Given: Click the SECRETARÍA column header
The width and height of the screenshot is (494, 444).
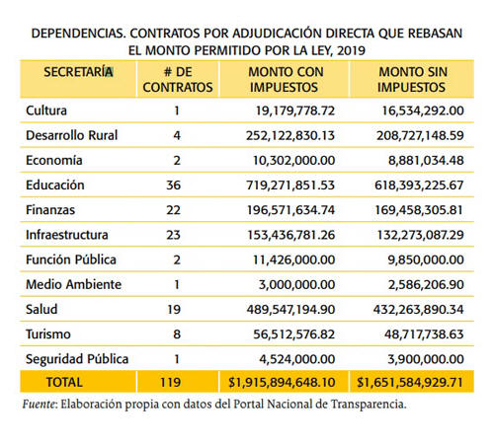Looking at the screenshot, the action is click(78, 72).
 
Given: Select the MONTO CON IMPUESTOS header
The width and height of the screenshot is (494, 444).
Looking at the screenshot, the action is click(286, 80).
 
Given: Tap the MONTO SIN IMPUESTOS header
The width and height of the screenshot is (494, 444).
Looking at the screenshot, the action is click(413, 80).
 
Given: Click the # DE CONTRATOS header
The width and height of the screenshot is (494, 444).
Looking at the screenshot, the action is click(178, 80).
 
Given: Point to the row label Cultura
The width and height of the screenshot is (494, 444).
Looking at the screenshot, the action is click(46, 111).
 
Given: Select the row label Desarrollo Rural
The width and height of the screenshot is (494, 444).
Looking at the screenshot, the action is click(72, 135).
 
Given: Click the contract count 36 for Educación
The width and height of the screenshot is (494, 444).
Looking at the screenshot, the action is click(174, 185).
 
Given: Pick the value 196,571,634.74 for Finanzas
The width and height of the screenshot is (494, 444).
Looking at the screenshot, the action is click(290, 210).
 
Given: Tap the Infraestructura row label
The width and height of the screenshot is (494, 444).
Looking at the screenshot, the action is click(67, 235).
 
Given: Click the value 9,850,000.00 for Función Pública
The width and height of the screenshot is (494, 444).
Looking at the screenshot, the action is click(426, 259).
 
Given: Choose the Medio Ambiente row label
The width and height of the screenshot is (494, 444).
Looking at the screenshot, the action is click(74, 284).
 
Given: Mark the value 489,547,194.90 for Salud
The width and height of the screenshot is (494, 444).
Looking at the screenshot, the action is click(290, 310).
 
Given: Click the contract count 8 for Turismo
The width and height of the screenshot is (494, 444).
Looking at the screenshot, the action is click(177, 334).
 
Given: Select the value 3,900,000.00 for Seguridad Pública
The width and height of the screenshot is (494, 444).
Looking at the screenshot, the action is click(426, 359).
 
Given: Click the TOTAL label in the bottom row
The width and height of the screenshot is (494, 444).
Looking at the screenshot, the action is click(64, 382).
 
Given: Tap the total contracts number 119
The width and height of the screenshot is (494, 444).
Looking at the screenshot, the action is click(170, 382).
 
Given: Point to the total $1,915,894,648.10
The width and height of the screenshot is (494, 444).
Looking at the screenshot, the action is click(282, 382).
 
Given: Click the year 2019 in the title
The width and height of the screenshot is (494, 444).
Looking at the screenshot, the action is click(352, 50).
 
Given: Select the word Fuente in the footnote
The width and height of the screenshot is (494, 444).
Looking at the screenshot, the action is click(39, 404).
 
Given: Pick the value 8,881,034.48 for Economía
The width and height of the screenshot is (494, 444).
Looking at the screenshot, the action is click(426, 161).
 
